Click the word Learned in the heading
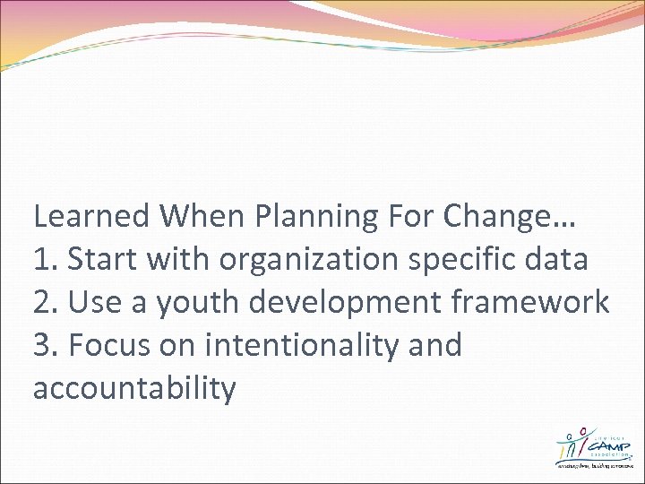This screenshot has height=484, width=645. pyautogui.click(x=91, y=216)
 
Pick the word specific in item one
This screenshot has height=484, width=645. pyautogui.click(x=475, y=259)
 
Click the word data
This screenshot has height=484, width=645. pyautogui.click(x=559, y=259)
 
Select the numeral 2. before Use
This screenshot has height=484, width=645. pyautogui.click(x=47, y=302)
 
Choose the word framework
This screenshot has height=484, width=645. pyautogui.click(x=533, y=302)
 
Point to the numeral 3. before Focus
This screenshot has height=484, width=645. pyautogui.click(x=47, y=345)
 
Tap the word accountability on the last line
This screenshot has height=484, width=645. pyautogui.click(x=134, y=388)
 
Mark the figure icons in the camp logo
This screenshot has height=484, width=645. pyautogui.click(x=570, y=443)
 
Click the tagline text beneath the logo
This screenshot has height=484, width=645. pyautogui.click(x=594, y=466)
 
